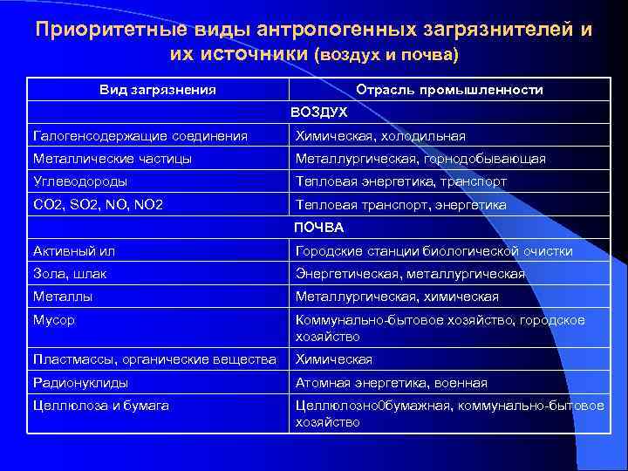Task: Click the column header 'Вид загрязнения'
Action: click(158, 90)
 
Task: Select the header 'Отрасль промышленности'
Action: click(449, 90)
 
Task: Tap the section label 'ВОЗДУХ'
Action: click(318, 113)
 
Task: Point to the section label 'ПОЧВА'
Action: click(318, 228)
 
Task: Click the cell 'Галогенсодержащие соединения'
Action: click(140, 136)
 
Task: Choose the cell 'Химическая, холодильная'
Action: click(380, 136)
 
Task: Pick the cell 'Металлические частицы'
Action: click(113, 159)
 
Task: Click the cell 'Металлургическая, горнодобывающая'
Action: click(420, 159)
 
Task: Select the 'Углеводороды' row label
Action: click(80, 181)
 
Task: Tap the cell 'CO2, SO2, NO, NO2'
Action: click(99, 205)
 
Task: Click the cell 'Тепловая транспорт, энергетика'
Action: click(400, 205)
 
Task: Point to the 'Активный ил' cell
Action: click(74, 251)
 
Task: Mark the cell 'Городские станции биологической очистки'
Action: click(434, 251)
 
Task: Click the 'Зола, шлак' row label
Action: click(71, 274)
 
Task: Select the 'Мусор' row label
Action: click(54, 320)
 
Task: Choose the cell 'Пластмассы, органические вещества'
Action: click(154, 359)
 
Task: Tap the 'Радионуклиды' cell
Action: click(80, 383)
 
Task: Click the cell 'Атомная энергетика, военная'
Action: click(392, 383)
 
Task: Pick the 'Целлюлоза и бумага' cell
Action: click(101, 406)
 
